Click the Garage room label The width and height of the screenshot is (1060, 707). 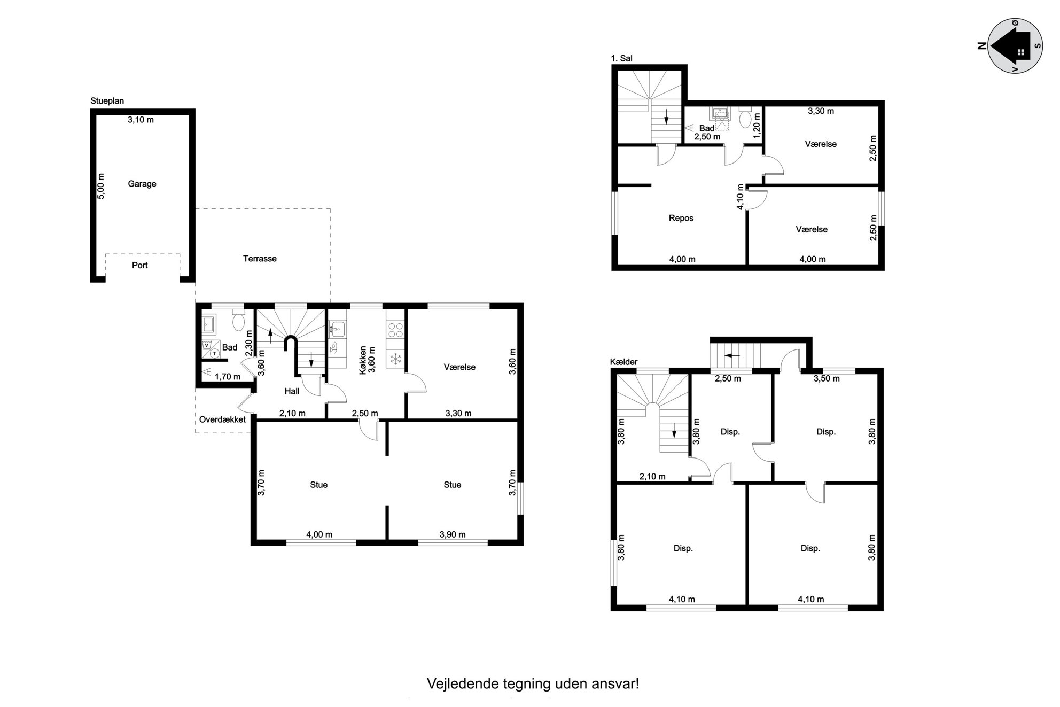(142, 184)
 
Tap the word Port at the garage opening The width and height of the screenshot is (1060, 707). (140, 265)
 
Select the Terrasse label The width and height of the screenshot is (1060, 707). (260, 259)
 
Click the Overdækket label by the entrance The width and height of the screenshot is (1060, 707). (222, 419)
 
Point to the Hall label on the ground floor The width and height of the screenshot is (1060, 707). (292, 391)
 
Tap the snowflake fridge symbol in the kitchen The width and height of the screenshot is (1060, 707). (396, 359)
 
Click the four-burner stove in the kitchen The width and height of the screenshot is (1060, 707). (396, 329)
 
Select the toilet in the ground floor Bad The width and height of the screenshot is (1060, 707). (238, 321)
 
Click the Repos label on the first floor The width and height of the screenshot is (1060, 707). (681, 218)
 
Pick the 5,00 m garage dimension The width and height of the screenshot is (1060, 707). (101, 186)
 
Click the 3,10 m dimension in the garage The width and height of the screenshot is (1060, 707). (141, 120)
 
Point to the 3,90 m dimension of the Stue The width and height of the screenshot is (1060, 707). (453, 534)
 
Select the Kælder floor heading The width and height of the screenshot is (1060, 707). (624, 362)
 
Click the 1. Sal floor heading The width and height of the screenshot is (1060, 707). (622, 58)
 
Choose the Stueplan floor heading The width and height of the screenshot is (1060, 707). (107, 101)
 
